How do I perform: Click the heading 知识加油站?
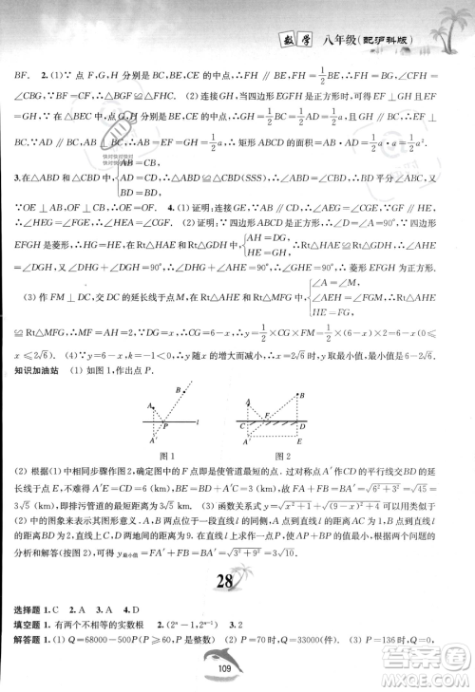36,371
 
